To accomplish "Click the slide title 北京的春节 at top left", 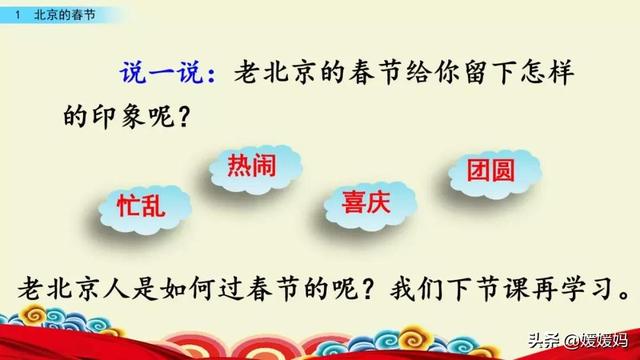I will click(61, 15).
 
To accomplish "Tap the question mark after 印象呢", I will click(184, 118).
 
